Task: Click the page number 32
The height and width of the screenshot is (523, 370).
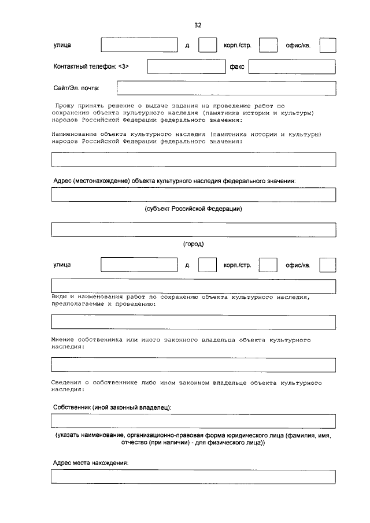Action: [198, 25]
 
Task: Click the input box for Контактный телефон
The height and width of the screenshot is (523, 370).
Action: [185, 67]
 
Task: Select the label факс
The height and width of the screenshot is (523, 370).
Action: [237, 67]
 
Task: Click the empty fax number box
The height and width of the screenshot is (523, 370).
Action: [292, 67]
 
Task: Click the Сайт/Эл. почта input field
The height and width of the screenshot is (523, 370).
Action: [226, 88]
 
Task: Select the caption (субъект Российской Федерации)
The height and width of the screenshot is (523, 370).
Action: [193, 209]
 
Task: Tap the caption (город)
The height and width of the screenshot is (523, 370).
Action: [193, 244]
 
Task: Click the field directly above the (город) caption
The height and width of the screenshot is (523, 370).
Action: [193, 229]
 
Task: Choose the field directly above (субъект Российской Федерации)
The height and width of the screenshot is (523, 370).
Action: [193, 195]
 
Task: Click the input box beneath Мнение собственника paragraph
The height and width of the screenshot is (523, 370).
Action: [193, 365]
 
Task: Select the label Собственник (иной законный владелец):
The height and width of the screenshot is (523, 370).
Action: [112, 407]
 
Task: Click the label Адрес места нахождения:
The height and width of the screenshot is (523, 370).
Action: [90, 463]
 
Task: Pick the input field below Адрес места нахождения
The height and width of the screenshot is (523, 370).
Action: [193, 477]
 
